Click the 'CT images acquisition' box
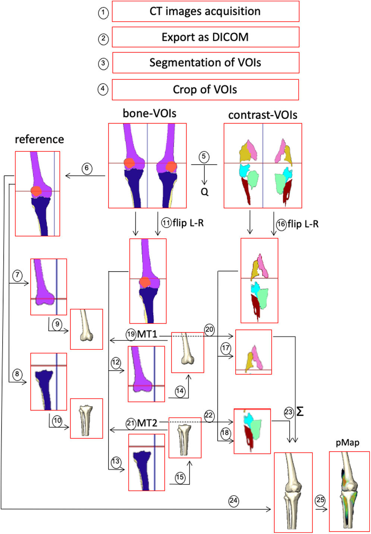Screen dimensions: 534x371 coord(205,12)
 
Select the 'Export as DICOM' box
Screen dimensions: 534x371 coord(205,37)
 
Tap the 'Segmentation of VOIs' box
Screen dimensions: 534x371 coord(205,63)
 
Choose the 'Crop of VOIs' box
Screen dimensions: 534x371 coord(205,90)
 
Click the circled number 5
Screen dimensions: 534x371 coord(204,157)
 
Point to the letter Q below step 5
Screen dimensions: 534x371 coord(204,192)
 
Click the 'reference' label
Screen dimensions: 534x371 coord(39,139)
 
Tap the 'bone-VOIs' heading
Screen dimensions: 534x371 coord(150,113)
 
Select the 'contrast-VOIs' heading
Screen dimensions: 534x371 coord(262,115)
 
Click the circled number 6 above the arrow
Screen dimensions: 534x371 coord(87,168)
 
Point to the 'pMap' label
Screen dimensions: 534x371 coord(348,443)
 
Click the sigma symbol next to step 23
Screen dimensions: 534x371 coord(300,412)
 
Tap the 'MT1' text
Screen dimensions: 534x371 coord(147,334)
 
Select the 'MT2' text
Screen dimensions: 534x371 coord(147,423)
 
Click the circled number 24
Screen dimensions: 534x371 coord(233,500)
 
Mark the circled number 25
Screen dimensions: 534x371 coord(320,500)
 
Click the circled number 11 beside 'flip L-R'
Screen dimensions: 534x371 coord(166,223)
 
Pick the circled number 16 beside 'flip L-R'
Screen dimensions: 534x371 coord(281,224)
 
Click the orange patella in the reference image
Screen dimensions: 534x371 coord(36,191)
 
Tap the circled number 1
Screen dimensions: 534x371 coord(103,13)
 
